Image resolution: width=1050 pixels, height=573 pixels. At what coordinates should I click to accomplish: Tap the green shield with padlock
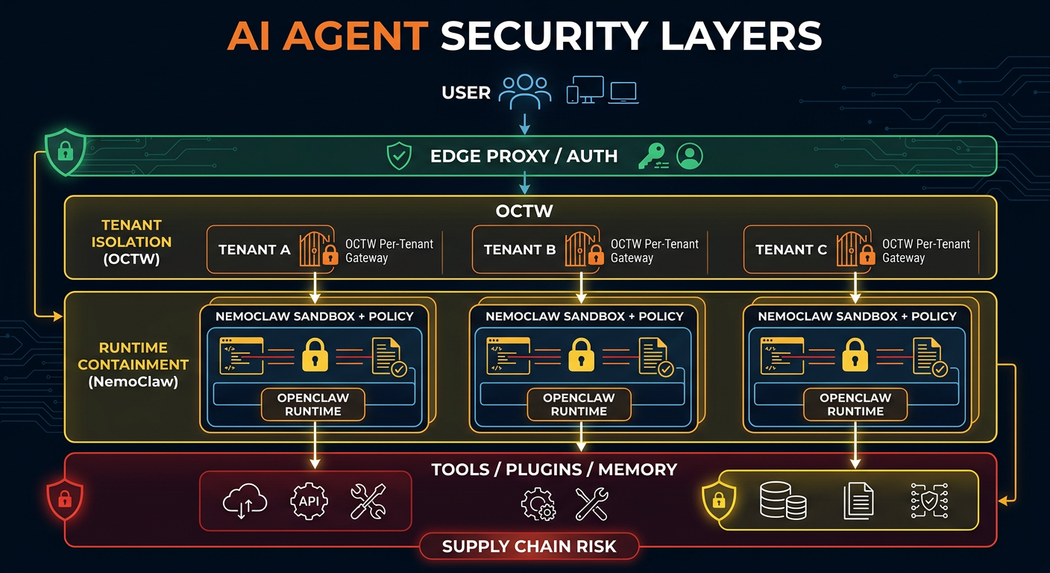[66, 151]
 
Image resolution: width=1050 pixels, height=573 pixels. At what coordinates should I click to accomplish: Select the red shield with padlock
[65, 497]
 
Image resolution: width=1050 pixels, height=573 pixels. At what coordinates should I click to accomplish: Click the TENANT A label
[254, 250]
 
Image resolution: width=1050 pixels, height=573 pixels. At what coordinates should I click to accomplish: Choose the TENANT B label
[520, 250]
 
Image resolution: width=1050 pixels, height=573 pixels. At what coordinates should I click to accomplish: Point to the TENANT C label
[791, 250]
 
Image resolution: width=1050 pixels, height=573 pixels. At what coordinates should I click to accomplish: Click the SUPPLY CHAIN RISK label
[529, 546]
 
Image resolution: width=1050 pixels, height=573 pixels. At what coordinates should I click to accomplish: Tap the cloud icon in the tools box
[245, 500]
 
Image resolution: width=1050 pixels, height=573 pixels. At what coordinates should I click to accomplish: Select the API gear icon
[309, 500]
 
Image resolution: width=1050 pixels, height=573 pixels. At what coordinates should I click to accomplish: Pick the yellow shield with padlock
[720, 498]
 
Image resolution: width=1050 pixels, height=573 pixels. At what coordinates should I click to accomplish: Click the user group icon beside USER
[525, 92]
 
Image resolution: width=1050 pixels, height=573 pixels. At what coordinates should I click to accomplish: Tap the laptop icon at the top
[623, 93]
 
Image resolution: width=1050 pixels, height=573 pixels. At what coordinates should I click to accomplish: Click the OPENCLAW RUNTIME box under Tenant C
[855, 404]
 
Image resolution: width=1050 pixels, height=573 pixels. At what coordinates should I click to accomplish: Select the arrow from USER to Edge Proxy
[526, 122]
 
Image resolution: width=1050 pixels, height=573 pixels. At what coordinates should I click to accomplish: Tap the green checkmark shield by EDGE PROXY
[399, 157]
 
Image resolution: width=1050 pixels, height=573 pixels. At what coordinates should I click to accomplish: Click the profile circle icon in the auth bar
[690, 156]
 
